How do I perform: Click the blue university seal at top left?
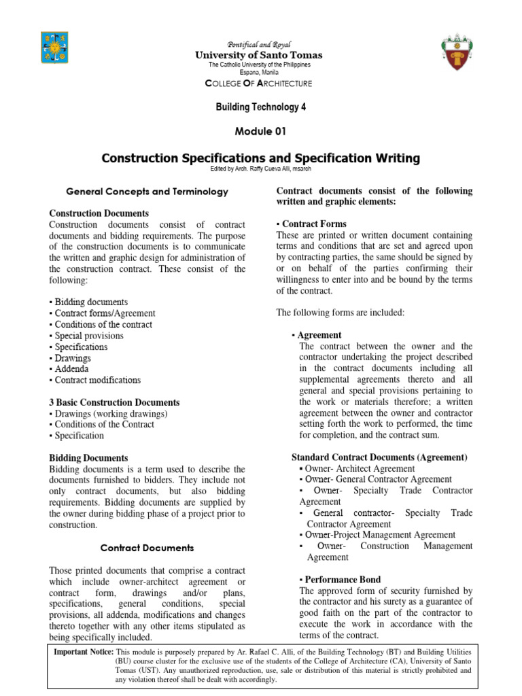click(54, 50)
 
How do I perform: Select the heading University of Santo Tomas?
click(260, 55)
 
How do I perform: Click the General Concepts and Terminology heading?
click(147, 192)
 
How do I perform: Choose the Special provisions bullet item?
click(86, 336)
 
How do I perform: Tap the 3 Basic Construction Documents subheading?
click(114, 402)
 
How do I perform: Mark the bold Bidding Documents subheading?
click(88, 458)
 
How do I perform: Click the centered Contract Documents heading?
click(147, 547)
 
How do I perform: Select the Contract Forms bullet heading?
click(311, 224)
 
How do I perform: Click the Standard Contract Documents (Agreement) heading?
click(379, 457)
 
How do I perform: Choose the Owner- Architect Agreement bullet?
click(357, 468)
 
